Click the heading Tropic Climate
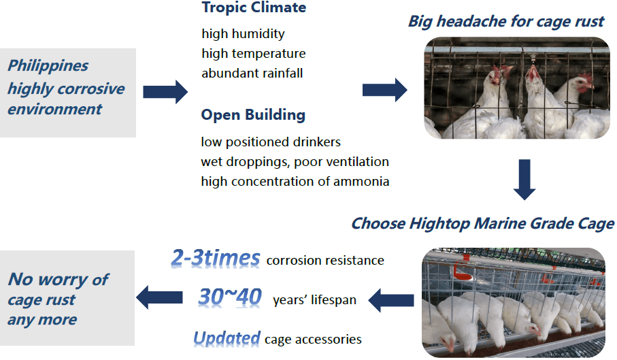pyautogui.click(x=254, y=7)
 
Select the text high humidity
pyautogui.click(x=243, y=34)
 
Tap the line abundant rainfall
pyautogui.click(x=252, y=73)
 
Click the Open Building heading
pyautogui.click(x=253, y=115)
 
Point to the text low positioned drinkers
pyautogui.click(x=271, y=142)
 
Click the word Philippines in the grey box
pyautogui.click(x=48, y=66)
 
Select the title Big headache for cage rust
pyautogui.click(x=506, y=22)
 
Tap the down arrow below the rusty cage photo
pyautogui.click(x=524, y=180)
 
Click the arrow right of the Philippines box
pyautogui.click(x=165, y=92)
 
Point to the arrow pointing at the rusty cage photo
pyautogui.click(x=384, y=90)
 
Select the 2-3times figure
pyautogui.click(x=216, y=259)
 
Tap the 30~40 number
pyautogui.click(x=230, y=297)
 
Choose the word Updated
pyautogui.click(x=227, y=338)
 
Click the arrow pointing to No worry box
pyautogui.click(x=159, y=297)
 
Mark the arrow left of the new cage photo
pyautogui.click(x=391, y=300)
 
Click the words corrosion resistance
pyautogui.click(x=325, y=261)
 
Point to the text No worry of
pyautogui.click(x=59, y=280)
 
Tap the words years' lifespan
pyautogui.click(x=314, y=300)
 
